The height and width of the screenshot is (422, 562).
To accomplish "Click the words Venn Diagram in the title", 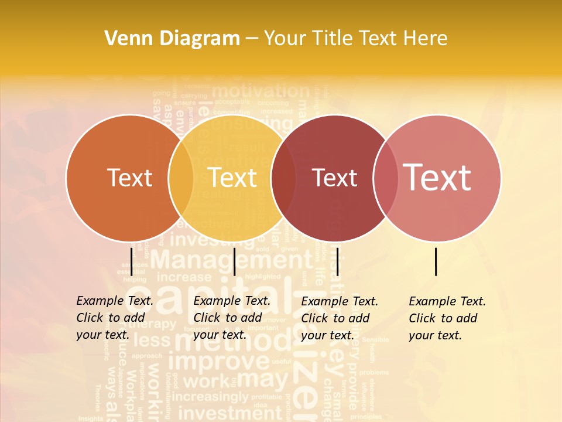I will (172, 39).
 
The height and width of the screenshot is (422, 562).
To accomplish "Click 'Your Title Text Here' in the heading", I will (355, 39).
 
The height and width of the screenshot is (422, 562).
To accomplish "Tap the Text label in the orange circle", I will (130, 178).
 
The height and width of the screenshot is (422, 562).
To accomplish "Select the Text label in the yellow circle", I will (232, 178).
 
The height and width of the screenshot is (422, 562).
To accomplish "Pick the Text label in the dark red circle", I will (335, 178).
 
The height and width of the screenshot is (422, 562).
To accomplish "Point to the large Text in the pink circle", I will (437, 177).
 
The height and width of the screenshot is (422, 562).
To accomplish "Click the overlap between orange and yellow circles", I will (181, 178).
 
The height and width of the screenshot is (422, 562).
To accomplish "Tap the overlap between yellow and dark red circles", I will (283, 178).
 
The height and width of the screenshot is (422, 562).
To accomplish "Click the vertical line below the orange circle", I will (131, 261).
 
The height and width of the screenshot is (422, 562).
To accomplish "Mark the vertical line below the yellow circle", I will (234, 261).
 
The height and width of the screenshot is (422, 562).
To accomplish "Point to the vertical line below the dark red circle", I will (338, 261).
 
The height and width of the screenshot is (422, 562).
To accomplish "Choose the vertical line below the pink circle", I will (436, 261).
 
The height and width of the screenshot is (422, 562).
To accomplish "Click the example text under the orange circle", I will (115, 318).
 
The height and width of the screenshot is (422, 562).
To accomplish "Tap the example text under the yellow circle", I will (232, 318).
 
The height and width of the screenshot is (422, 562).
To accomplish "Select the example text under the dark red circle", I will (340, 318).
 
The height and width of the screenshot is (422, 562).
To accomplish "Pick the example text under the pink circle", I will (447, 318).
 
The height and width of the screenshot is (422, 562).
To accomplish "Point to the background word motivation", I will (260, 91).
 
